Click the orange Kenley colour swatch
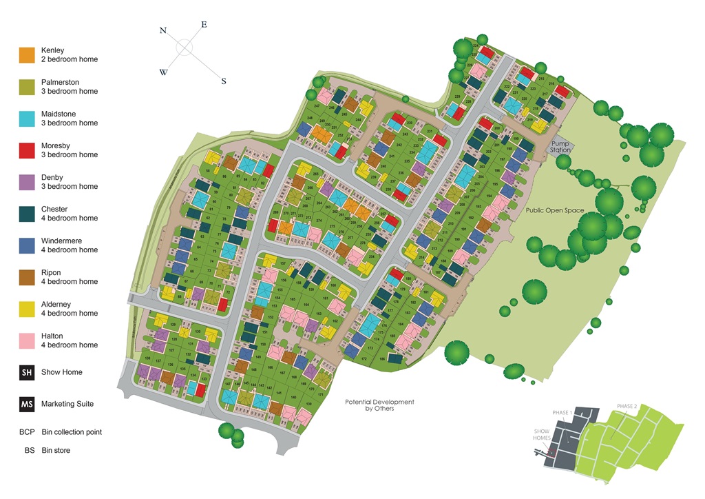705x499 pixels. click(x=27, y=55)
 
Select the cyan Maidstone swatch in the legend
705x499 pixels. click(x=27, y=119)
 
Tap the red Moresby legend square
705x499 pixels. click(x=27, y=150)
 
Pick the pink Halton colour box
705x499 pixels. click(x=27, y=340)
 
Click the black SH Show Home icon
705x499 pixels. click(x=27, y=372)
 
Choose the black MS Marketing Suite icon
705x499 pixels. click(x=27, y=404)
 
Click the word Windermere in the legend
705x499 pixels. click(x=61, y=241)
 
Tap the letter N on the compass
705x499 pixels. click(x=163, y=30)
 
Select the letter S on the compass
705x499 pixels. click(x=223, y=81)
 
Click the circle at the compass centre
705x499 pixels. click(x=184, y=47)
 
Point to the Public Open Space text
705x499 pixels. click(x=556, y=210)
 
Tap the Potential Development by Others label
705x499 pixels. click(x=379, y=405)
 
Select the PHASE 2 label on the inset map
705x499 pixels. click(x=627, y=406)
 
